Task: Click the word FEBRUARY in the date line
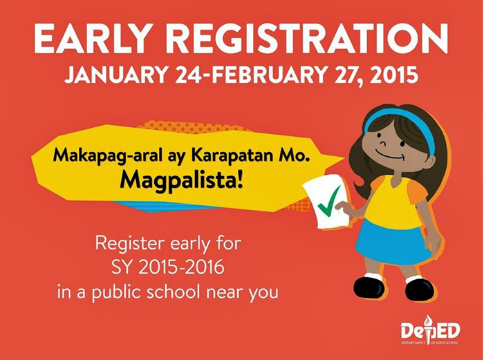click(x=266, y=75)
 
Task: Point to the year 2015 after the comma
click(x=394, y=75)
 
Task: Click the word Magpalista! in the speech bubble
click(x=181, y=181)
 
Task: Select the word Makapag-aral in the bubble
click(x=107, y=155)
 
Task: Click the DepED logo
click(x=430, y=330)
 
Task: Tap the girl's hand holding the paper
click(x=342, y=207)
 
